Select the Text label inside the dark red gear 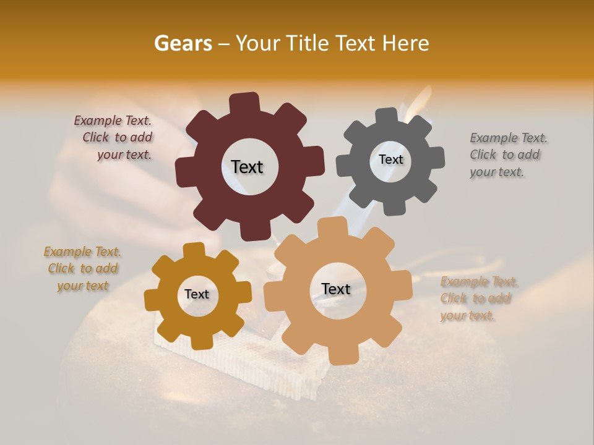[247, 167]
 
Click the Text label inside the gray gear [390, 159]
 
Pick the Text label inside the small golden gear [197, 294]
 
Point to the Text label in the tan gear [336, 289]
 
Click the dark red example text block [115, 138]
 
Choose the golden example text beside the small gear [82, 269]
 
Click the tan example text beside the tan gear [478, 299]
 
